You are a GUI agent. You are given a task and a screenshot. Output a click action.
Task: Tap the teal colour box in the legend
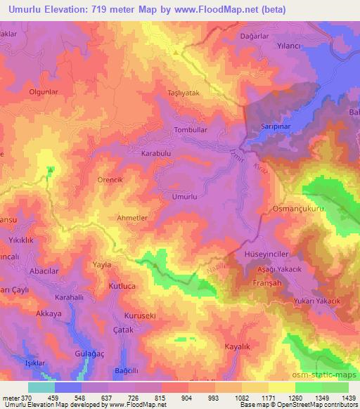(41, 387)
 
